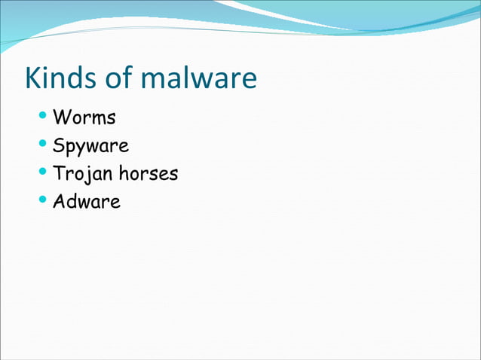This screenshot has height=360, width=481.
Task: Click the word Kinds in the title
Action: click(60, 78)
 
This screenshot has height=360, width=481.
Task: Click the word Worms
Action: click(84, 118)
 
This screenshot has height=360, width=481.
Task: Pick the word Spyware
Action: click(90, 146)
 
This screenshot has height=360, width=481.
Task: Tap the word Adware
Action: click(87, 202)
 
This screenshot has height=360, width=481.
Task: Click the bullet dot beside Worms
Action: click(43, 117)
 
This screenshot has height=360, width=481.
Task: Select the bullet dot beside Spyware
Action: click(43, 145)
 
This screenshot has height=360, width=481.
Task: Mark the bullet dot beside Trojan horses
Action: click(43, 172)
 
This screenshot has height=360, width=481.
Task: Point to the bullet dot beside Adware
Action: click(43, 200)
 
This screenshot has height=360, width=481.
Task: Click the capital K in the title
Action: click(33, 78)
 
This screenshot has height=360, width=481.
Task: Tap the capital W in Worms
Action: click(61, 118)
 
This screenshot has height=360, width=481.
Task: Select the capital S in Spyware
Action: click(58, 145)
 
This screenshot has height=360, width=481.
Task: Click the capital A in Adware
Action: click(59, 202)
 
